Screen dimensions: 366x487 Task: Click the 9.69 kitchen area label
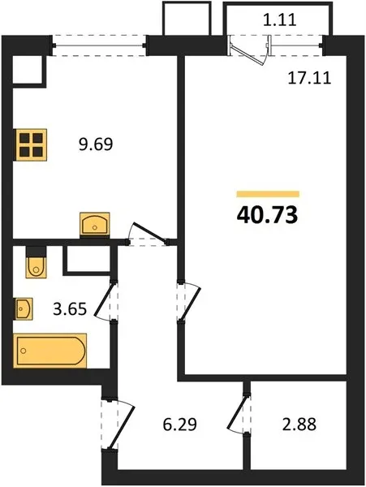click(x=96, y=144)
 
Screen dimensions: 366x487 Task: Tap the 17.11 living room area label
click(x=309, y=78)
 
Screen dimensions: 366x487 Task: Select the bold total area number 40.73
click(x=267, y=215)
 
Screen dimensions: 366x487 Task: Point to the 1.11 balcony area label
click(x=280, y=20)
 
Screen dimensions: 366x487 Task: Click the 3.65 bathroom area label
click(x=70, y=309)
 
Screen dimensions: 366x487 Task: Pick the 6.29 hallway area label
click(x=179, y=425)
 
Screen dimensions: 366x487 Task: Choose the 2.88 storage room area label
click(x=299, y=425)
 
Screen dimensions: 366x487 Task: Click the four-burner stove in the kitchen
click(x=30, y=144)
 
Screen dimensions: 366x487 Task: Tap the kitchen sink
click(x=95, y=225)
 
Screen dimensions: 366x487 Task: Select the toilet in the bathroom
click(x=37, y=262)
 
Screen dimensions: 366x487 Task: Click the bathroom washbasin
click(x=24, y=309)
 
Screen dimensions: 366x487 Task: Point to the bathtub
click(x=50, y=351)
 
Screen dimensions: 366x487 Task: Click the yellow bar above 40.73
click(x=268, y=194)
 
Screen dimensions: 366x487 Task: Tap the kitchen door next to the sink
click(x=148, y=235)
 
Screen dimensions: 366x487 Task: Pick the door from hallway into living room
click(x=188, y=303)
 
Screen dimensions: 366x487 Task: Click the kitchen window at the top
click(x=99, y=46)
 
